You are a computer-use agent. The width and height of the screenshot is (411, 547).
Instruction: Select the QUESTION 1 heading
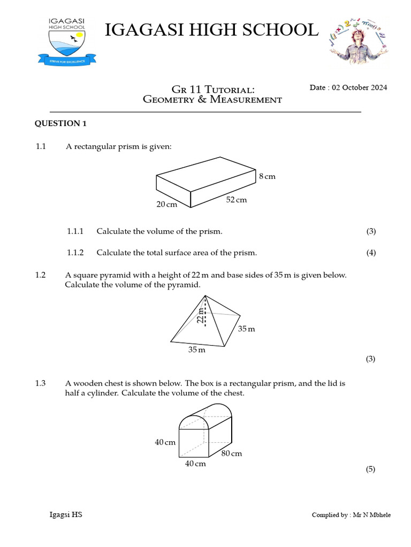[60, 124]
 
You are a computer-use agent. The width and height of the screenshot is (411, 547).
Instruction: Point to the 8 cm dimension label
[267, 176]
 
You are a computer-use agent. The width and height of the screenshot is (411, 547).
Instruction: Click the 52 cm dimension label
[236, 200]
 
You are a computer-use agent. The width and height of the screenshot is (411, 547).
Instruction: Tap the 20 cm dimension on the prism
[166, 205]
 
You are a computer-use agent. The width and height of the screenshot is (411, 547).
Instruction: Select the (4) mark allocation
[371, 253]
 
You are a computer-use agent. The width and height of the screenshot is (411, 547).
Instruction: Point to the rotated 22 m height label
[200, 316]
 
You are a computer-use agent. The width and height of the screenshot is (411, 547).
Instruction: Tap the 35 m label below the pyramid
[196, 350]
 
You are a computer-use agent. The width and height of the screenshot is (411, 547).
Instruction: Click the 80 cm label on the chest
[232, 454]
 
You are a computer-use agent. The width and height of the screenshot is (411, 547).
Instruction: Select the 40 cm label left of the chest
[165, 442]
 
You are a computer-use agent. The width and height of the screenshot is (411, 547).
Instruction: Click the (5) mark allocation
[370, 470]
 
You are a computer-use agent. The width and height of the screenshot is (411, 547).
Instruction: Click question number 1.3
[41, 383]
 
